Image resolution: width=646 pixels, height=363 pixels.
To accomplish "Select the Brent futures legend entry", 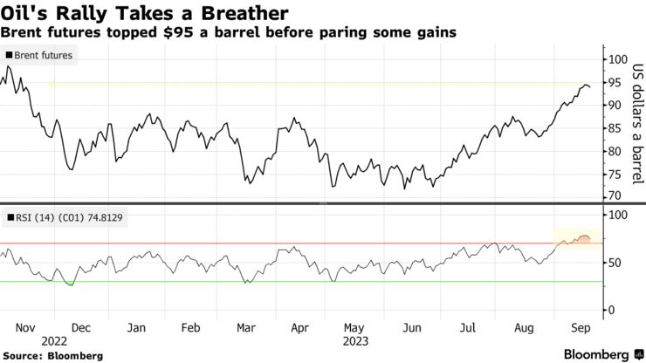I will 42,56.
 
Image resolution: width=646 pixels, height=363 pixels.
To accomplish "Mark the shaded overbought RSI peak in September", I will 582,238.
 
